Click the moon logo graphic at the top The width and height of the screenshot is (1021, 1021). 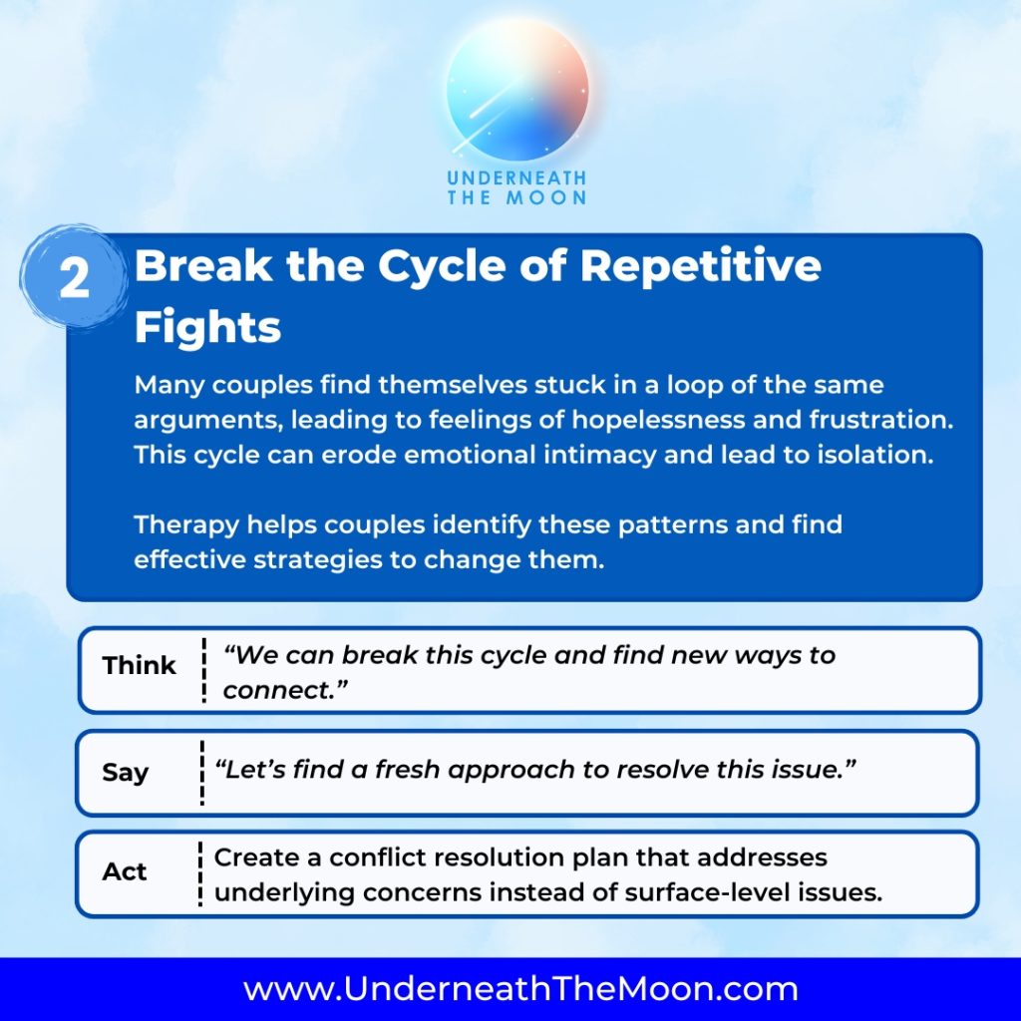pyautogui.click(x=517, y=90)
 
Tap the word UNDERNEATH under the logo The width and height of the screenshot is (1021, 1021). pyautogui.click(x=517, y=177)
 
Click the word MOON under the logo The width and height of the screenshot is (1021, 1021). pyautogui.click(x=546, y=198)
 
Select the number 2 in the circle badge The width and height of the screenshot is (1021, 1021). pyautogui.click(x=74, y=279)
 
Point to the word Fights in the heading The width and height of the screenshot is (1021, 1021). pyautogui.click(x=207, y=326)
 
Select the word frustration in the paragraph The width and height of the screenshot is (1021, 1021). pyautogui.click(x=881, y=420)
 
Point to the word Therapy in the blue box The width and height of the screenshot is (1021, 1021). pyautogui.click(x=186, y=524)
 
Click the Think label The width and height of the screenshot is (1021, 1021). pyautogui.click(x=140, y=665)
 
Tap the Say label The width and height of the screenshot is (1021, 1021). pyautogui.click(x=125, y=773)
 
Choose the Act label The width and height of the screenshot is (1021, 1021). pyautogui.click(x=125, y=871)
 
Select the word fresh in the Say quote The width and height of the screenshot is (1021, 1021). pyautogui.click(x=408, y=769)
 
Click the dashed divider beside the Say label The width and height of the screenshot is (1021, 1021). pyautogui.click(x=202, y=773)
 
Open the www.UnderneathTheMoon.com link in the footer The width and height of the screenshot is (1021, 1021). pyautogui.click(x=520, y=988)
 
